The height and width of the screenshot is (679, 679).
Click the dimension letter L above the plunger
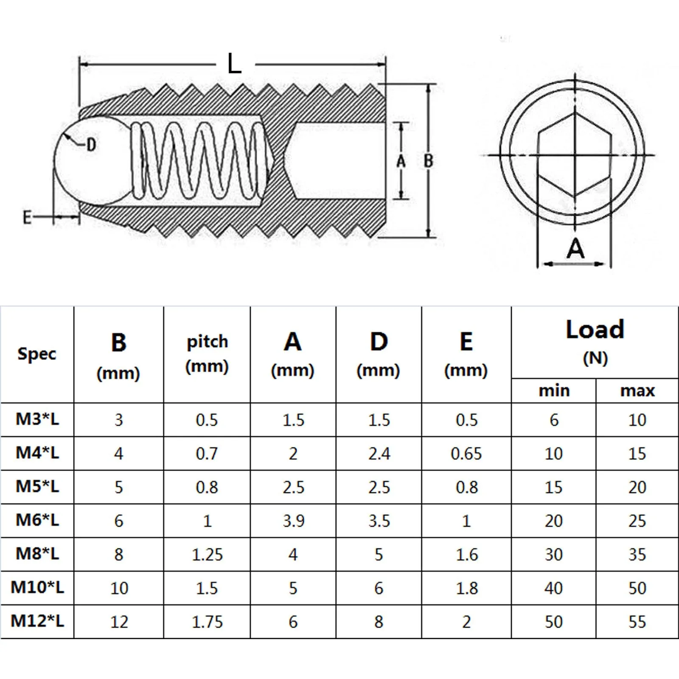tap(234, 64)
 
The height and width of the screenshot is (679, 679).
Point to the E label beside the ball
tap(27, 217)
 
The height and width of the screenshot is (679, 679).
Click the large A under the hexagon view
tap(575, 249)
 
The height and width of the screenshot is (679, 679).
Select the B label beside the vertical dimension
tap(429, 161)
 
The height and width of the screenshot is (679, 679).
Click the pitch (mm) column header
tap(207, 354)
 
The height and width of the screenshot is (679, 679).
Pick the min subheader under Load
tap(554, 390)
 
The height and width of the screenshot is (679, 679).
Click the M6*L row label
tap(37, 520)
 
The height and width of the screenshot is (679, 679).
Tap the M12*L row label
tap(37, 621)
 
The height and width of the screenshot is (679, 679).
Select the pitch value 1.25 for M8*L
tap(207, 554)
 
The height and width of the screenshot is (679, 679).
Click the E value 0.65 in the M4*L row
tap(466, 454)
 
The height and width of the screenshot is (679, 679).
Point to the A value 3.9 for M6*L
tap(293, 521)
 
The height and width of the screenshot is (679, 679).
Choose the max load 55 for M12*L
tap(637, 622)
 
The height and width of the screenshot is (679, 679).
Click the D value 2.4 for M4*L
tap(379, 454)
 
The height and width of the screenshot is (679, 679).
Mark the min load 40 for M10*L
tap(553, 588)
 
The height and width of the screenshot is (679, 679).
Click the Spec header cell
tap(37, 354)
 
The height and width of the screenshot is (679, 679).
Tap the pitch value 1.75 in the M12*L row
tap(207, 622)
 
